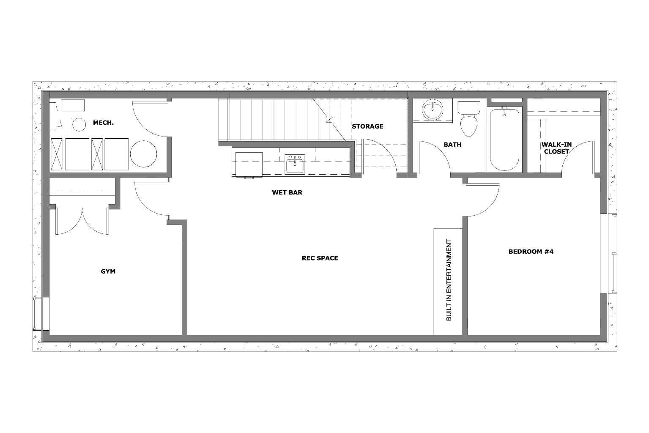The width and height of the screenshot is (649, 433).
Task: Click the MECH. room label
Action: (103, 123)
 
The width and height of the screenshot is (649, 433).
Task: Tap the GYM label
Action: (108, 271)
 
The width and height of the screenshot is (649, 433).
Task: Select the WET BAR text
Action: (287, 192)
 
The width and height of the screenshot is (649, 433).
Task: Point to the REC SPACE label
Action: (320, 258)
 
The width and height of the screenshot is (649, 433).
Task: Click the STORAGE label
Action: (367, 126)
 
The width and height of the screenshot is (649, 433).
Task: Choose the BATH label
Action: (452, 145)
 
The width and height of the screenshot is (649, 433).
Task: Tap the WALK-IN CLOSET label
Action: (556, 148)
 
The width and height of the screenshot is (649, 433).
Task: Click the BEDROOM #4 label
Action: (531, 252)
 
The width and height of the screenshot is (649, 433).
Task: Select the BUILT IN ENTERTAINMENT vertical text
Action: (449, 280)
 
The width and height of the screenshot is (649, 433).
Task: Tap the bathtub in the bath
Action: (504, 140)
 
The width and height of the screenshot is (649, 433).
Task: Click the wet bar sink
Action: (295, 164)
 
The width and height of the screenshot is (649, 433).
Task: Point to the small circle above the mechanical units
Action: (79, 124)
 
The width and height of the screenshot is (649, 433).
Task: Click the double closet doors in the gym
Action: (83, 220)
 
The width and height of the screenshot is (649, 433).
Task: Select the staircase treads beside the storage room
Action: (271, 121)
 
